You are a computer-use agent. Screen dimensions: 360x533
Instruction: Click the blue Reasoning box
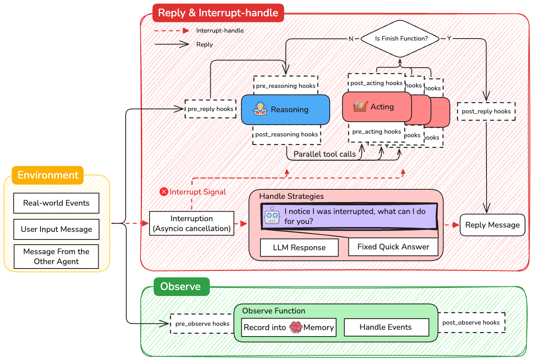point(285,109)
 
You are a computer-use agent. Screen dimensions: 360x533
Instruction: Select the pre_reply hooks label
point(210,109)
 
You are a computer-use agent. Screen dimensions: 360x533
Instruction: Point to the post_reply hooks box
point(486,111)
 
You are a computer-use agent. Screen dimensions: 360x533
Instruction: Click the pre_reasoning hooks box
point(286,86)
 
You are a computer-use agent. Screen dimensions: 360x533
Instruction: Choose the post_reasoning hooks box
point(286,134)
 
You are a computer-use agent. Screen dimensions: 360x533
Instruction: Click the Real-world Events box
point(56,203)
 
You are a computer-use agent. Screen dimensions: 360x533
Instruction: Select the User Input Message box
point(56,229)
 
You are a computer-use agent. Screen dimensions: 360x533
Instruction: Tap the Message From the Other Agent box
point(56,257)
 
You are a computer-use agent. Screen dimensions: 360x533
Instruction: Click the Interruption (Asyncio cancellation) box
point(192,224)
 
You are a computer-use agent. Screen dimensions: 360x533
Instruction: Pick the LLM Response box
point(299,247)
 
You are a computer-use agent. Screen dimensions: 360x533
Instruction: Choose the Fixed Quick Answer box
point(393,247)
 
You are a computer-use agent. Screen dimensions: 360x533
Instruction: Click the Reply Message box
point(492,225)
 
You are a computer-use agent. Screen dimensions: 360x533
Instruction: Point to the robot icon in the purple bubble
point(272,216)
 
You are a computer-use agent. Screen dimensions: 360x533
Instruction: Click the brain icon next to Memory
point(296,327)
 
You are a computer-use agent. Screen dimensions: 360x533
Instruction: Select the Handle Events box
point(385,327)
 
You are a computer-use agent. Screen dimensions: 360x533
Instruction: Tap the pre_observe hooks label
point(202,324)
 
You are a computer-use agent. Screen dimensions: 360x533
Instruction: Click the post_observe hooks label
point(471,323)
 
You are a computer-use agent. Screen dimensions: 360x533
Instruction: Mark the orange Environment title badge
point(48,175)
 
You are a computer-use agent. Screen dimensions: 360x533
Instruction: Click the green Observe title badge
point(181,286)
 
